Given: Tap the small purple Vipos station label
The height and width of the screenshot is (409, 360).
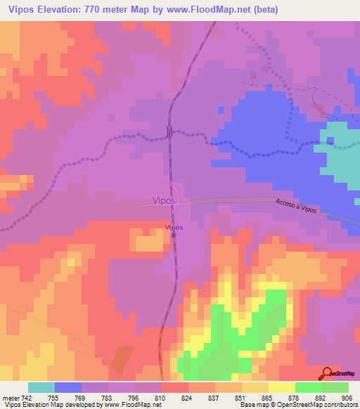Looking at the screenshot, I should click(x=174, y=227).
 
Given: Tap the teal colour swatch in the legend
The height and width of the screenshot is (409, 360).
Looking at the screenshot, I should click(x=41, y=387).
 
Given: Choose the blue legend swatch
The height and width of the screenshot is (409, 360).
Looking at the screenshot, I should click(x=68, y=387).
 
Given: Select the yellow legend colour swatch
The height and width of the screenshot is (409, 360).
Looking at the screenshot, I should click(x=282, y=387).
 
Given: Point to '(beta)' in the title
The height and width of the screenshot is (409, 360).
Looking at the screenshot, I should click(x=266, y=10).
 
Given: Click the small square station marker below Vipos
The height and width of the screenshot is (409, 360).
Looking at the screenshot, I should click(x=174, y=235).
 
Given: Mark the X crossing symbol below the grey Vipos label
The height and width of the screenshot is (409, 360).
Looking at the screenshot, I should click(x=172, y=215).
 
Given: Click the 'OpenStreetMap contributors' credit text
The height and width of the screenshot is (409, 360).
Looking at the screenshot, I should click(x=319, y=405).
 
